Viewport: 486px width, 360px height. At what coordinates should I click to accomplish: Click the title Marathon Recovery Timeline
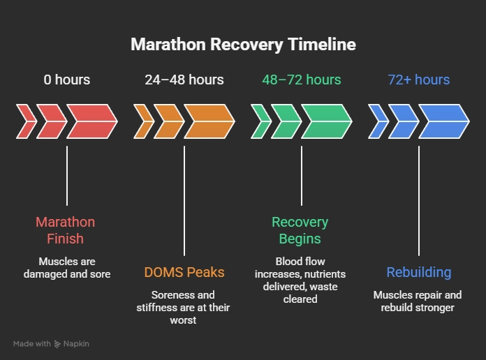point(243,45)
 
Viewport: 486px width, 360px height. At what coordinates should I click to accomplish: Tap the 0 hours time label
point(67,80)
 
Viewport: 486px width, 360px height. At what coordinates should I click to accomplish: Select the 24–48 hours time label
point(184,80)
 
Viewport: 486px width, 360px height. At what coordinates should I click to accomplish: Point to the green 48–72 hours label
point(302,80)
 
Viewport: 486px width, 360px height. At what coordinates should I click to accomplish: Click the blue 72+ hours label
point(419,80)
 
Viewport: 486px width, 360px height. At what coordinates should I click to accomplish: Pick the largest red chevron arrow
point(91,121)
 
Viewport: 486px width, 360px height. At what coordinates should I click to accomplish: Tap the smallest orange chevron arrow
point(143,121)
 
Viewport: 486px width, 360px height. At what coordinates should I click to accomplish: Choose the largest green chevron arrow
point(326,121)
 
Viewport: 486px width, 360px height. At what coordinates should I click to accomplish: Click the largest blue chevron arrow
point(443,121)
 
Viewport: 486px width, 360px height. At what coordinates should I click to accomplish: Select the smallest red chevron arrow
point(26,121)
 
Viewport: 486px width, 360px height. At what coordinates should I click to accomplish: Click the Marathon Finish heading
point(66,230)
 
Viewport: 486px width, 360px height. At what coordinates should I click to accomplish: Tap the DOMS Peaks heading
point(184,273)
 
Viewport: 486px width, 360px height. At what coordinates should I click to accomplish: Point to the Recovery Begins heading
point(300,230)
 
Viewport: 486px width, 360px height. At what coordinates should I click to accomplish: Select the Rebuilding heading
point(419,273)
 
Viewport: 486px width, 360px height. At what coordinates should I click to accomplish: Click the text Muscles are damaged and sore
point(67,268)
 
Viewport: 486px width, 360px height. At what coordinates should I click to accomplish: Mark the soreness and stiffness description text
point(184,307)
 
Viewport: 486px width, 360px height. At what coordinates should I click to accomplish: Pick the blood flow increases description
point(300,280)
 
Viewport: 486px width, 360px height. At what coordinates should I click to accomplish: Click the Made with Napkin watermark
point(52,344)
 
